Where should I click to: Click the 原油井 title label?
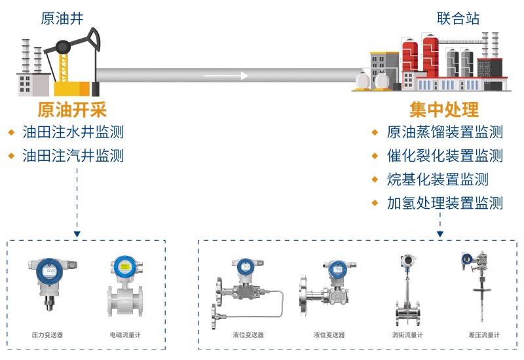pyautogui.click(x=62, y=18)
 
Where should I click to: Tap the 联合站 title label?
pyautogui.click(x=458, y=18)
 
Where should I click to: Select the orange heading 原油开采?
pyautogui.click(x=72, y=109)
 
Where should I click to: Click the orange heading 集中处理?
pyautogui.click(x=444, y=109)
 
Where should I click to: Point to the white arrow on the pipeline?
pyautogui.click(x=226, y=76)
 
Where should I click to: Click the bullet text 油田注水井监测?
pyautogui.click(x=73, y=132)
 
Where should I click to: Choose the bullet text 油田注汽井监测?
pyautogui.click(x=73, y=156)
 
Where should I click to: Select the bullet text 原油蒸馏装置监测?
pyautogui.click(x=445, y=132)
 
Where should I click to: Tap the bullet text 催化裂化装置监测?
pyautogui.click(x=445, y=156)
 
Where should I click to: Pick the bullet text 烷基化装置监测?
pyautogui.click(x=438, y=179)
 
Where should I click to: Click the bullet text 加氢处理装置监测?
pyautogui.click(x=445, y=203)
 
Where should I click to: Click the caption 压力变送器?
pyautogui.click(x=47, y=334)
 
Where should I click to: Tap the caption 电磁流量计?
pyautogui.click(x=125, y=334)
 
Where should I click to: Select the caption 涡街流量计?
pyautogui.click(x=407, y=334)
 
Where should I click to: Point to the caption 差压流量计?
pyautogui.click(x=484, y=334)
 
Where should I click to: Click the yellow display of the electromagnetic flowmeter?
pyautogui.click(x=124, y=267)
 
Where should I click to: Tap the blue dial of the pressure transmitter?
pyautogui.click(x=50, y=272)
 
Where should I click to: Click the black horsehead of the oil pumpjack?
pyautogui.click(x=94, y=39)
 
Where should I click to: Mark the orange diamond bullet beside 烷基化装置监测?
pyautogui.click(x=375, y=179)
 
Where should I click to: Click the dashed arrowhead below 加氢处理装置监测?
pyautogui.click(x=440, y=234)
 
